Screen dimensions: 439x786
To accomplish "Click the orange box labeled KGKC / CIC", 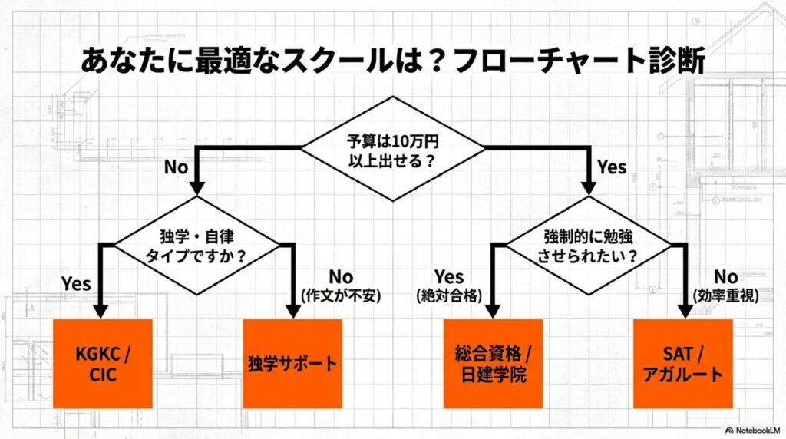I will (103, 363).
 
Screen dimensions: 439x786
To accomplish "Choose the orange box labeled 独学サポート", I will (292, 363).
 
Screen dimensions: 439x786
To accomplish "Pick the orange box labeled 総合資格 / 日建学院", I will (493, 363).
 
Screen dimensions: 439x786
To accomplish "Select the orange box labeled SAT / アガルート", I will (682, 363).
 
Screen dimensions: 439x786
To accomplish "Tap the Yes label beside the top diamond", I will (611, 167).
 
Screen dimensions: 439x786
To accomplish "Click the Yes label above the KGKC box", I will (77, 283).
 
